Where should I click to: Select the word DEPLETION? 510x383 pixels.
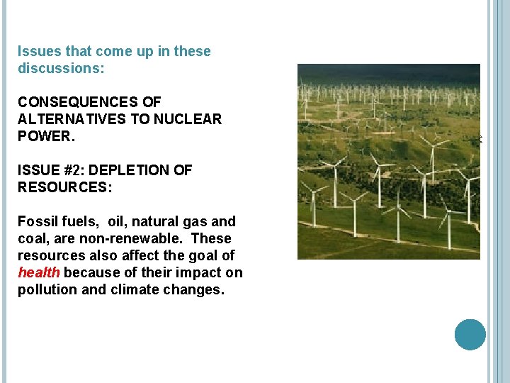tap(130, 170)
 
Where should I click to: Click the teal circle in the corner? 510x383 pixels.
tap(470, 335)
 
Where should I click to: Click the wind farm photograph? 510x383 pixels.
tap(388, 162)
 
